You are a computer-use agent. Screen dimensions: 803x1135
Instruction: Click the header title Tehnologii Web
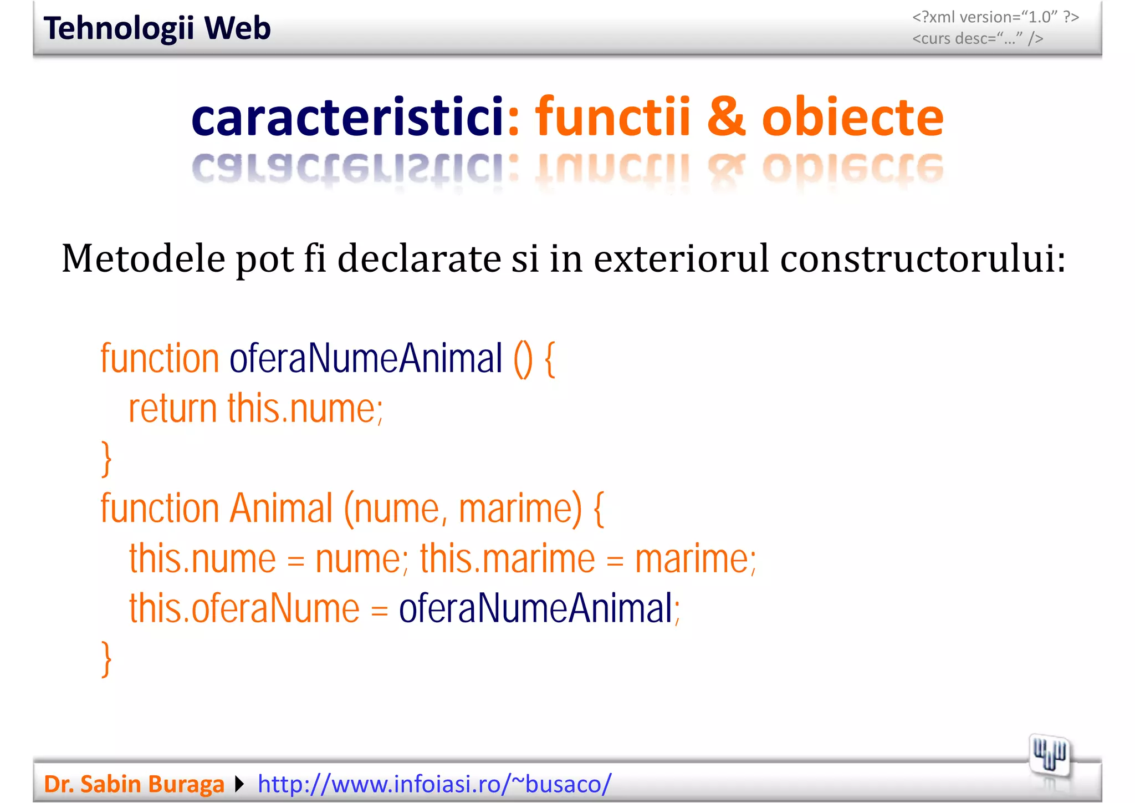(157, 28)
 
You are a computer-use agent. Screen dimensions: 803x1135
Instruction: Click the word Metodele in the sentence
(143, 258)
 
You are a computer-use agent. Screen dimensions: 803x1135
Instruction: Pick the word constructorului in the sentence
(922, 258)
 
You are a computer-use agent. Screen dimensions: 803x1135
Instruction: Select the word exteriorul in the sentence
(681, 258)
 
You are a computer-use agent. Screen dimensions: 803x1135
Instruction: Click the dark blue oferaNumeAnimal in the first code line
(366, 359)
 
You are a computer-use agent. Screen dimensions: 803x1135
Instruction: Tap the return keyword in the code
(172, 409)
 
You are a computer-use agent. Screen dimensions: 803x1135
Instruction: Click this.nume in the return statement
(304, 409)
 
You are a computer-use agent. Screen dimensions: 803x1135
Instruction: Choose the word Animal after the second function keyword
(281, 509)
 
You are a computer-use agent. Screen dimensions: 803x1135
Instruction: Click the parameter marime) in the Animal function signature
(520, 509)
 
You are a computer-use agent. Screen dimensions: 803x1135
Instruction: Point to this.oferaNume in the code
(244, 608)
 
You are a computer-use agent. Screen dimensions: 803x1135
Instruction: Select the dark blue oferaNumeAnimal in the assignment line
(536, 608)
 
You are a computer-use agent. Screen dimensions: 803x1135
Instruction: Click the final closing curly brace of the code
(106, 658)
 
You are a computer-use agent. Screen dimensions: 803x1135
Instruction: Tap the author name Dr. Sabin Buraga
(134, 784)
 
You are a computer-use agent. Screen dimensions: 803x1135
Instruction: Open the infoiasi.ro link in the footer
(434, 784)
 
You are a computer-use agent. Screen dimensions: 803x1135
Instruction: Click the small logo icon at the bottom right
(1049, 756)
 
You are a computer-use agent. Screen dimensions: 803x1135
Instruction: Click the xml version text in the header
(995, 17)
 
